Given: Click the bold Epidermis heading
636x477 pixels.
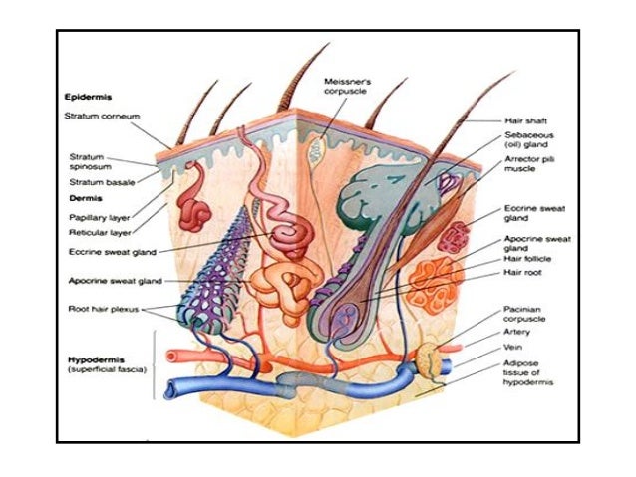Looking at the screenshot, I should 90,98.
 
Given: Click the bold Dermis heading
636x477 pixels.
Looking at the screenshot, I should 83,198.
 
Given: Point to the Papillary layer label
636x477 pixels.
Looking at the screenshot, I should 98,216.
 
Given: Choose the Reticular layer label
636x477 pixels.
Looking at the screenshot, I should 98,233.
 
